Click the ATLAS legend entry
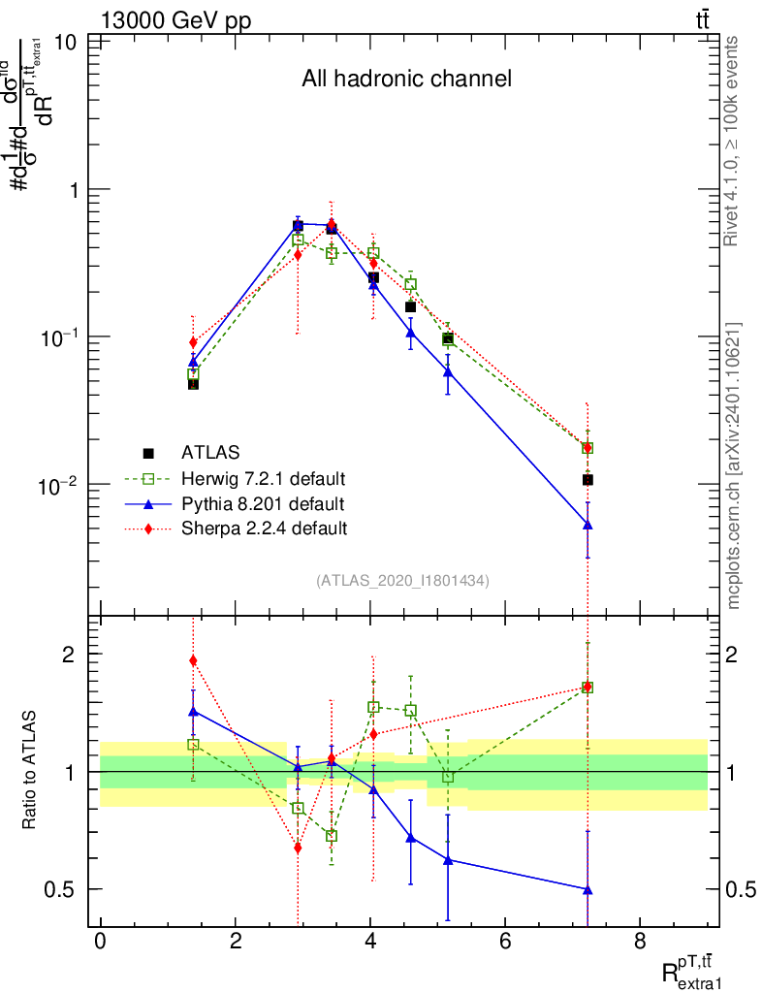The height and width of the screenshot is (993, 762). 210,452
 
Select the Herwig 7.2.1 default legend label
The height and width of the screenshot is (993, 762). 263,479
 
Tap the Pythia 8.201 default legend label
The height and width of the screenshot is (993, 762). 262,504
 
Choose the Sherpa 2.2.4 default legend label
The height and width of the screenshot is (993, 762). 264,529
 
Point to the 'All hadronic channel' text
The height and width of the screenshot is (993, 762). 406,79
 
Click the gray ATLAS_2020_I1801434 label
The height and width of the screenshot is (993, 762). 402,580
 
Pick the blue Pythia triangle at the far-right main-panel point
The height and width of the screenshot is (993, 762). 587,525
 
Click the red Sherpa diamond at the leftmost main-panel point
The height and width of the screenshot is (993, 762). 193,342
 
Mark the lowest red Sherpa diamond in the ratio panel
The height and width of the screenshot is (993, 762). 298,848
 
